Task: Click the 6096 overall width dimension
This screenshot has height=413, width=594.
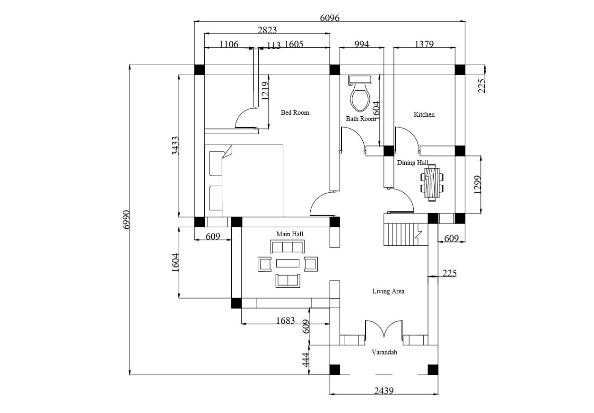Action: [x=330, y=18]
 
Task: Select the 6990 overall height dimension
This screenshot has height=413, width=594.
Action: [x=126, y=220]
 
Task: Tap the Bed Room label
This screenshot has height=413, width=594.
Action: [x=295, y=112]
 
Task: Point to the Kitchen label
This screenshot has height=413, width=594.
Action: [x=424, y=114]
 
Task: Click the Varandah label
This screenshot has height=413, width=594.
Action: [x=384, y=352]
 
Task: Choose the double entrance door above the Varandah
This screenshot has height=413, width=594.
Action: [x=384, y=329]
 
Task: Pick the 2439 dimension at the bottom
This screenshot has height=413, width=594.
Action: [x=384, y=391]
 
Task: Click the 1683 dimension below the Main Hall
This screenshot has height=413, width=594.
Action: [x=285, y=320]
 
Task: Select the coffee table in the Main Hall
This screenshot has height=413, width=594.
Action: [x=288, y=263]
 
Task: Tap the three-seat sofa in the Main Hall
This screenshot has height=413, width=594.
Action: [x=288, y=247]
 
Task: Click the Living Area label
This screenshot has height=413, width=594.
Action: [x=388, y=291]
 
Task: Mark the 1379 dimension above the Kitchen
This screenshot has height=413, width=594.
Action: [x=424, y=44]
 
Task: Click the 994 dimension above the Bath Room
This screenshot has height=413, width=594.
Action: [x=361, y=44]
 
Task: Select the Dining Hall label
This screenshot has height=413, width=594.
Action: [x=412, y=163]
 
